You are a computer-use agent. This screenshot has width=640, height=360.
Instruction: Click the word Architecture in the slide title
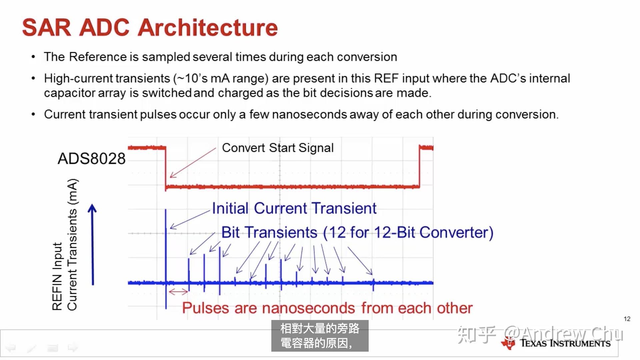(x=208, y=28)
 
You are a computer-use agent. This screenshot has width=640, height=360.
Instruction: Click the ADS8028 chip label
(x=92, y=159)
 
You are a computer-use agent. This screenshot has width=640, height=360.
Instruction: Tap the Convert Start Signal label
(x=278, y=148)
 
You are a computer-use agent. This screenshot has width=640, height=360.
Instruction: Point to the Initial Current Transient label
(x=294, y=209)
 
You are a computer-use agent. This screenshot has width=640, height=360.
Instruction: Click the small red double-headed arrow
(x=178, y=292)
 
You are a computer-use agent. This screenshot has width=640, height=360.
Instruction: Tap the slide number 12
(x=627, y=319)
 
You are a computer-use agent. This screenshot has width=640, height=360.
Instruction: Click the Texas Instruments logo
(x=556, y=343)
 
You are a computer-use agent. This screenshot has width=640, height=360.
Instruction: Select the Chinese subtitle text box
(x=320, y=336)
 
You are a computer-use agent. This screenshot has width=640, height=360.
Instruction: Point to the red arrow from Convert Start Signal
(x=193, y=163)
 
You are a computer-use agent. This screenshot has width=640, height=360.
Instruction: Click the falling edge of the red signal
(x=165, y=167)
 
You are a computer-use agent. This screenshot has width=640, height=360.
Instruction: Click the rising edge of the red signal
(x=419, y=167)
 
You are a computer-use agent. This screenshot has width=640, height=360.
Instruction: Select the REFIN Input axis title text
(x=57, y=277)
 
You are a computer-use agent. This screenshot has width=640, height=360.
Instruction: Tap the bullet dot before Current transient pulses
(x=33, y=114)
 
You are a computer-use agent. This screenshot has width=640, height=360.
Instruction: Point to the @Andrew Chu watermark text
(x=563, y=334)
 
